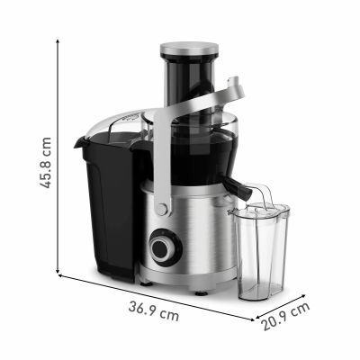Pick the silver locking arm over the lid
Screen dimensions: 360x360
coord(216,100)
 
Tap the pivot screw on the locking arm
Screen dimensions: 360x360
coord(163,210)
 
